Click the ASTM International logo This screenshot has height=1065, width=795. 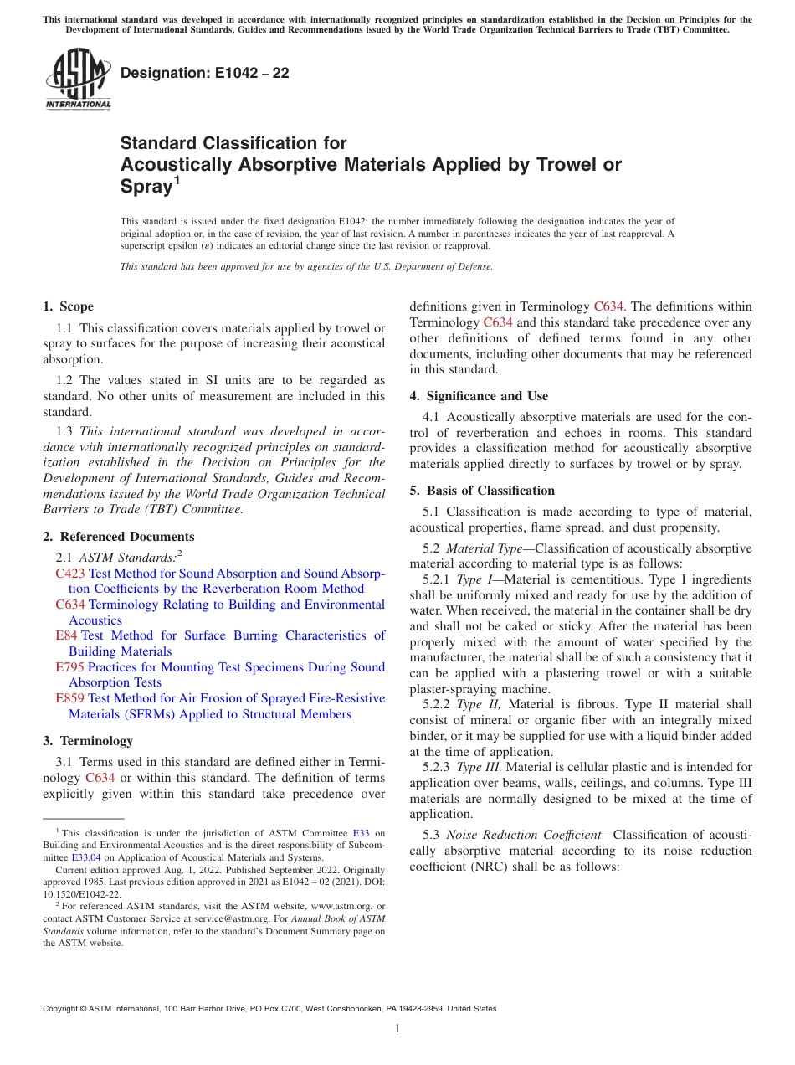pyautogui.click(x=78, y=80)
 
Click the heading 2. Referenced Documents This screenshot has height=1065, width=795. pyautogui.click(x=118, y=537)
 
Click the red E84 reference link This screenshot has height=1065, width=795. pyautogui.click(x=66, y=635)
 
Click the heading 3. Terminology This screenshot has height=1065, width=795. pyautogui.click(x=87, y=741)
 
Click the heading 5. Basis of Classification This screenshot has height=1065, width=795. pyautogui.click(x=482, y=491)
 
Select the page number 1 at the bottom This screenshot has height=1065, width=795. pyautogui.click(x=397, y=1029)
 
